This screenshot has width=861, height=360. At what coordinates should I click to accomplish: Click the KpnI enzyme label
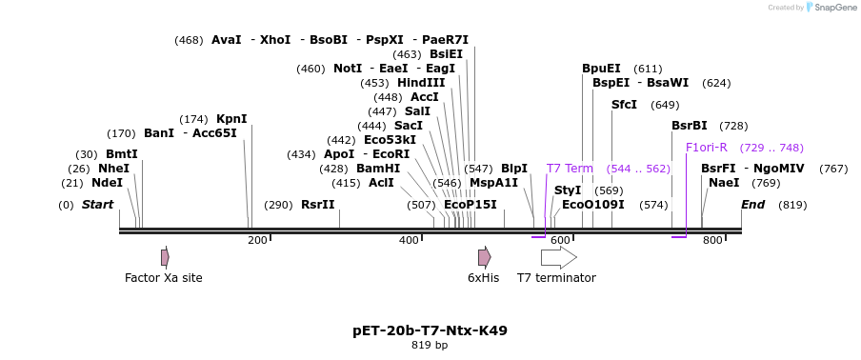231,119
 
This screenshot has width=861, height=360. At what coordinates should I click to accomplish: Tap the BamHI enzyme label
378,169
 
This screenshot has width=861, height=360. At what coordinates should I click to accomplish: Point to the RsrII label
318,205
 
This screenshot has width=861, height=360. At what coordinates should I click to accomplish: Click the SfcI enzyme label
624,105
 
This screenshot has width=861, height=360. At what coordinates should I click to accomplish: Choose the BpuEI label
601,69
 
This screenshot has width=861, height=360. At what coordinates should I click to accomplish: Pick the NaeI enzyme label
724,183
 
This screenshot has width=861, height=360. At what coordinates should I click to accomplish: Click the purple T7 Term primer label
570,169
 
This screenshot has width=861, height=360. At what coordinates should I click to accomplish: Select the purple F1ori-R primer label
707,148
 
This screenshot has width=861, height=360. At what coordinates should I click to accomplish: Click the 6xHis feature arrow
484,257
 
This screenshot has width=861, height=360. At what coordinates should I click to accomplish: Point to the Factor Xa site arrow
165,257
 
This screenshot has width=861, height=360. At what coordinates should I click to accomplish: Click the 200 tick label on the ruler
257,241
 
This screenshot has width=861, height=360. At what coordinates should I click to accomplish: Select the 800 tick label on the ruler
712,241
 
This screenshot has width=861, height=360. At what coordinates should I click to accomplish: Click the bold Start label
97,205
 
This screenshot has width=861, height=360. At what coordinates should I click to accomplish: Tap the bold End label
753,205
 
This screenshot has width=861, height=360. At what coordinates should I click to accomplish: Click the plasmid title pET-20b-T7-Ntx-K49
430,331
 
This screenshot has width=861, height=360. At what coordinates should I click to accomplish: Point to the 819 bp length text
430,346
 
